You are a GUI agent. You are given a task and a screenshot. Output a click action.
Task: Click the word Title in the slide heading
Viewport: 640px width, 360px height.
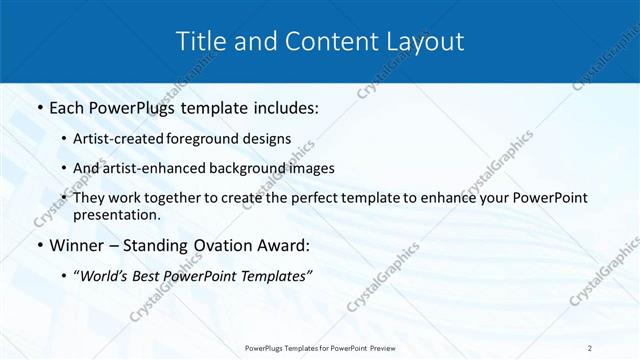point(198,42)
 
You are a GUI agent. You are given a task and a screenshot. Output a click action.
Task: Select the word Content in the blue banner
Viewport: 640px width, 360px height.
point(320,42)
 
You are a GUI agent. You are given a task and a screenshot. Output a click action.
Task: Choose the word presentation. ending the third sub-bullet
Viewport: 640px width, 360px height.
point(116,214)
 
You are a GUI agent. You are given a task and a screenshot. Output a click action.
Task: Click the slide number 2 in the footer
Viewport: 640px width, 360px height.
point(590,347)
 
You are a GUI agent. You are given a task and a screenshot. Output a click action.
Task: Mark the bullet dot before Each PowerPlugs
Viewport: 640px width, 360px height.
point(38,107)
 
